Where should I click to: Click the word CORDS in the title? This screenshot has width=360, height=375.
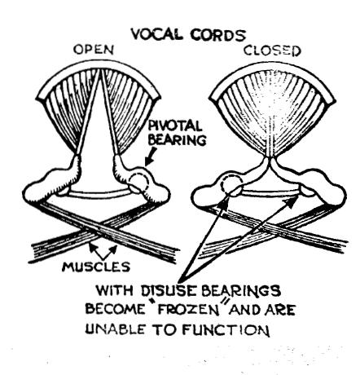tap(217, 35)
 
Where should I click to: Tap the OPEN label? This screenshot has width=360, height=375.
tap(94, 50)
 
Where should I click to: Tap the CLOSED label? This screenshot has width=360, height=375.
tap(272, 51)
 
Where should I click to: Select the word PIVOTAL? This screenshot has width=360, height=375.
tap(175, 126)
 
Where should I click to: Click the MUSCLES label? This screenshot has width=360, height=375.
tap(96, 267)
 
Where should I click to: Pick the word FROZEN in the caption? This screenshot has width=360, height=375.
tap(189, 310)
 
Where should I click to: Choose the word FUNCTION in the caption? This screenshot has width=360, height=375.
tap(226, 330)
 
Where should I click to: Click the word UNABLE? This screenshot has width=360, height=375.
tap(115, 329)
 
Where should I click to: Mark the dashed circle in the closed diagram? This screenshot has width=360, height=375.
tap(231, 185)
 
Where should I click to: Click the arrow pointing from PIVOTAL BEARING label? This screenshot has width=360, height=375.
tap(151, 157)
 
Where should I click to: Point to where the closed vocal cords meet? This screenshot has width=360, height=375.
tap(270, 159)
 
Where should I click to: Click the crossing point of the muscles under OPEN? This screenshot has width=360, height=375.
tap(95, 231)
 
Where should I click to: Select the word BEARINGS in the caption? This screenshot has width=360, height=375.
tap(241, 291)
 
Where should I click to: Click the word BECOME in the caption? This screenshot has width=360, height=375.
tap(116, 309)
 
